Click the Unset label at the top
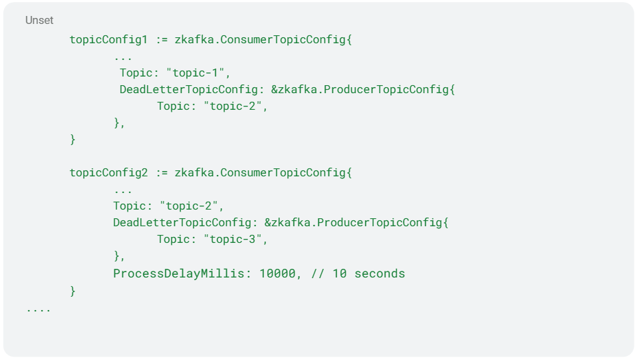39,21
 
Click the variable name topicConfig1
108,40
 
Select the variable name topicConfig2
108,173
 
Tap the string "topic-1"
195,73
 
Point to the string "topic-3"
233,239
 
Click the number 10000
277,273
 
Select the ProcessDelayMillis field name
179,273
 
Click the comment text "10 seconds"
369,273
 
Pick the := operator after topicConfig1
162,40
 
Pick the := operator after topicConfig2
162,173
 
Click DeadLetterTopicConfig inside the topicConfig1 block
188,89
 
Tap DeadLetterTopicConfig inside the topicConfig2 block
182,222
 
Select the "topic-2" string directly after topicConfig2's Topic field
189,206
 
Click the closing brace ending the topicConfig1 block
72,140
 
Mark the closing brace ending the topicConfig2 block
72,291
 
